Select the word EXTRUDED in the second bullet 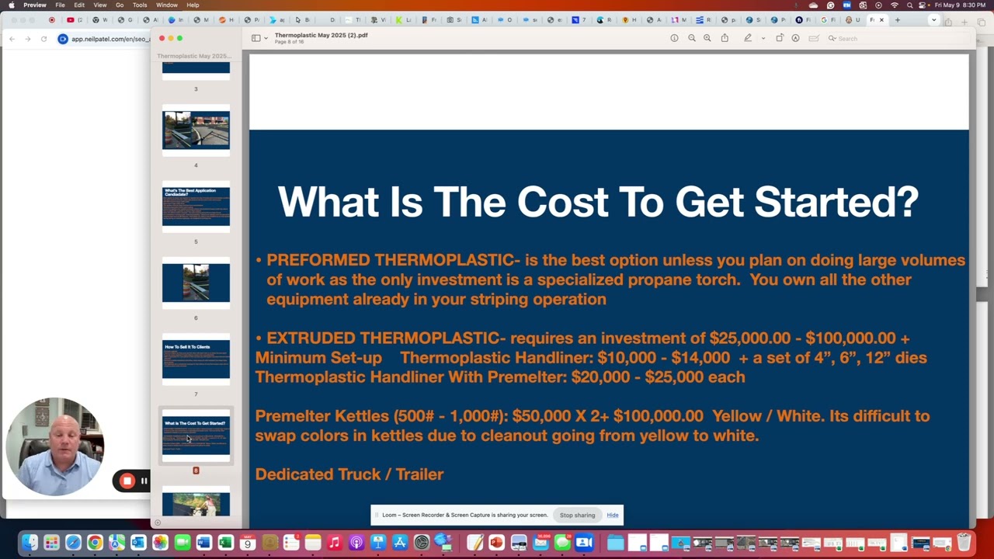click(311, 339)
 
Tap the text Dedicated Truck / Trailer click(349, 474)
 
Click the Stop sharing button click(577, 515)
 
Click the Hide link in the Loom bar click(613, 515)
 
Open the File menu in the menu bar click(60, 5)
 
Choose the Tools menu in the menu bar click(140, 5)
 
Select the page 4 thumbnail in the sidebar click(196, 130)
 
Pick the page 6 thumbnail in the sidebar click(196, 283)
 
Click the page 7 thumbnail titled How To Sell click(196, 359)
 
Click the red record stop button click(127, 481)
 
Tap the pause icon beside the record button click(144, 481)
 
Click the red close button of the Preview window click(162, 38)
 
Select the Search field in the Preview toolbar click(850, 38)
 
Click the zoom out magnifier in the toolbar click(691, 38)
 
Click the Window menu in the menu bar click(167, 5)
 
